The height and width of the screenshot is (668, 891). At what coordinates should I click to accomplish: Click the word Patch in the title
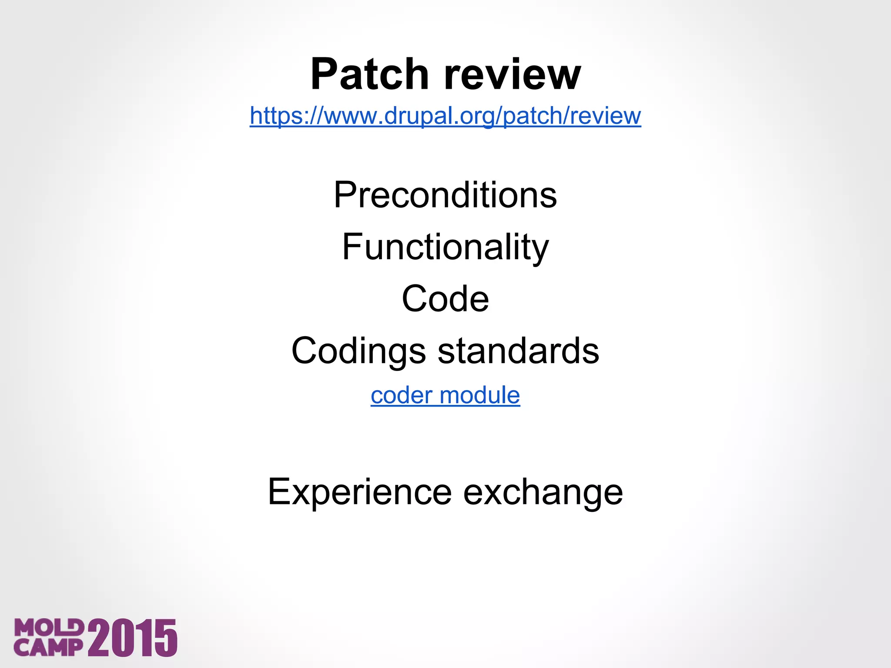[370, 74]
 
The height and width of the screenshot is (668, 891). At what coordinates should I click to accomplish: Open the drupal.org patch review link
[445, 116]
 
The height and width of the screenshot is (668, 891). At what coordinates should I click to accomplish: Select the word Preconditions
[445, 195]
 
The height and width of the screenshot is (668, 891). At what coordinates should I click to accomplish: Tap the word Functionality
[445, 247]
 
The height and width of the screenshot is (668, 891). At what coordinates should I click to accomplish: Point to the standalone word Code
[445, 299]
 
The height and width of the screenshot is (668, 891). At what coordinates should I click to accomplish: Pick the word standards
[518, 351]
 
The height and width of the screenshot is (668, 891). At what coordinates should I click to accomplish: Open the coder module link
[445, 395]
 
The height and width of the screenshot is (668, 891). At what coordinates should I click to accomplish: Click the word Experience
[360, 492]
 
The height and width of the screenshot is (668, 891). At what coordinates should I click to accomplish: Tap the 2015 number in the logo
[132, 638]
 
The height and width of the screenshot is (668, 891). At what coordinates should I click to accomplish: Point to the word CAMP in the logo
[48, 648]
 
